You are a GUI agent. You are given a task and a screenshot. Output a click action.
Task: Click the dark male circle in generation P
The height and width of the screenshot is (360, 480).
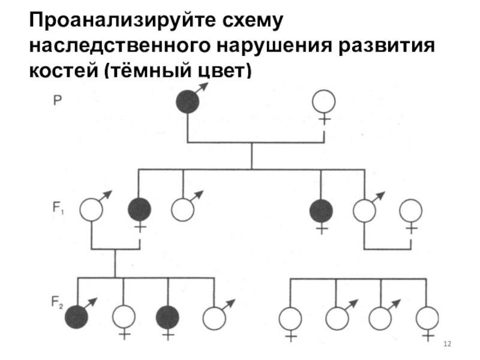coord(187,101)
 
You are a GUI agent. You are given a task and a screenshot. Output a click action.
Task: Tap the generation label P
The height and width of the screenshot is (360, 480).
coord(56,101)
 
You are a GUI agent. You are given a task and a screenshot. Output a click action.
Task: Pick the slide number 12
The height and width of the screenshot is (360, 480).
coord(446,344)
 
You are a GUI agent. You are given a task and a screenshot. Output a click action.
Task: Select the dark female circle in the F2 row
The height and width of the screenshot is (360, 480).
coord(168,317)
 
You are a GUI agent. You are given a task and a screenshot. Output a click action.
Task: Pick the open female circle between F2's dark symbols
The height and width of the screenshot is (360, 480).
coord(123,317)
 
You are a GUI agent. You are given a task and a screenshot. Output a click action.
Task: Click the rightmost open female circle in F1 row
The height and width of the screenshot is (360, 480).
coord(411,210)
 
